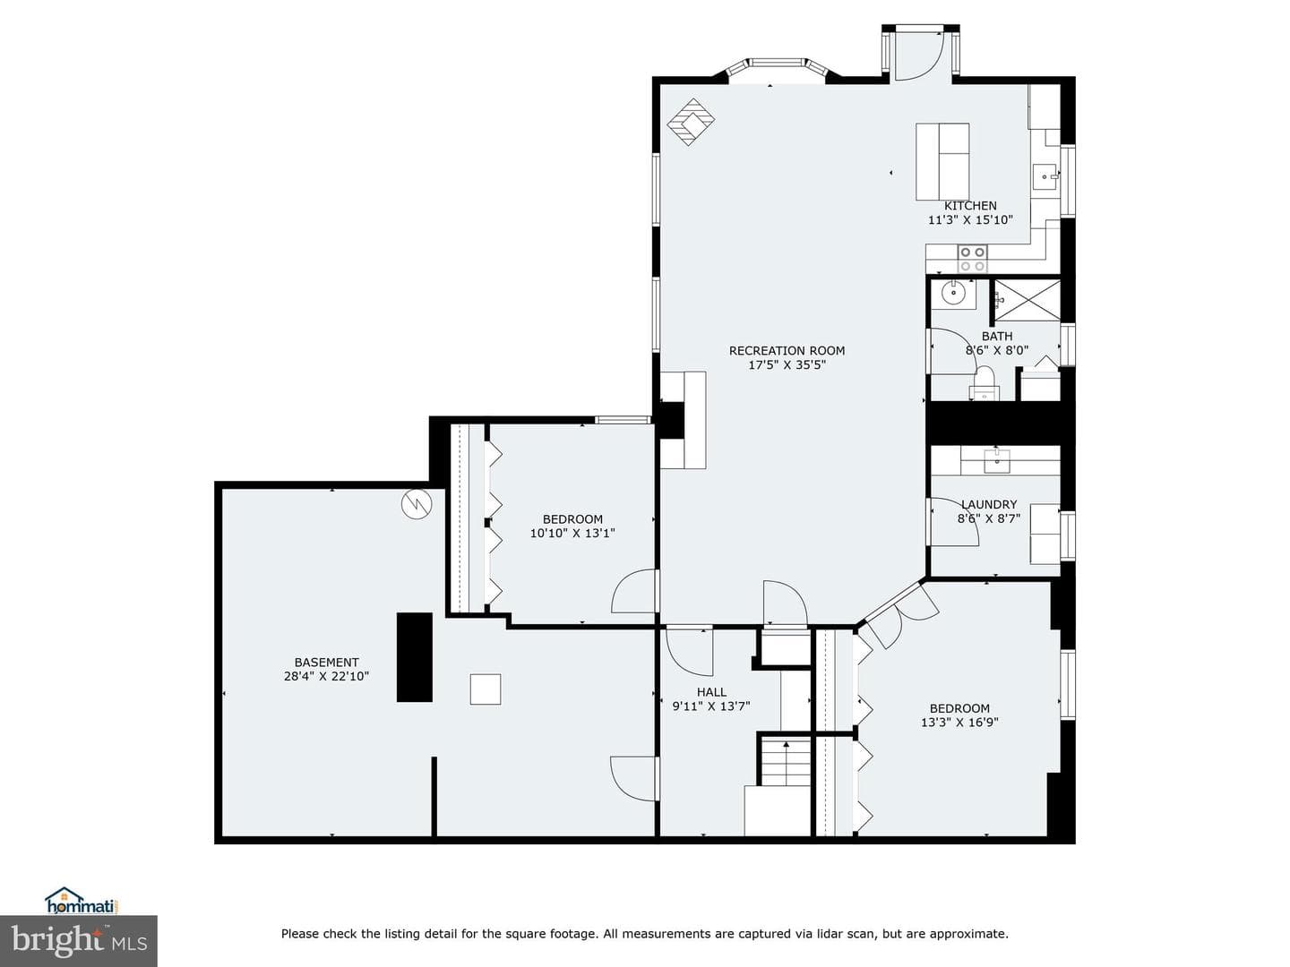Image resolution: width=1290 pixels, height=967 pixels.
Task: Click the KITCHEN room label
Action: tap(969, 206)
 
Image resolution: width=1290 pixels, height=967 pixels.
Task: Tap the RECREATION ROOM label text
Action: tap(787, 350)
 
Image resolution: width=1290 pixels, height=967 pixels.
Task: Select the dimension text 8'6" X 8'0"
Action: tap(997, 350)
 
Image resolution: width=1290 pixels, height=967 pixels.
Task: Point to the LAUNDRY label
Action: tap(988, 504)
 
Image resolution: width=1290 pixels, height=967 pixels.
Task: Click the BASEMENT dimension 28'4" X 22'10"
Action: tap(326, 676)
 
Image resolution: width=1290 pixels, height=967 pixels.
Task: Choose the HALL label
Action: tap(711, 692)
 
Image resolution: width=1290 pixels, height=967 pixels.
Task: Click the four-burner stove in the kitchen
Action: tap(972, 259)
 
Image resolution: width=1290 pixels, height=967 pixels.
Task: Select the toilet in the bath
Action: tap(984, 383)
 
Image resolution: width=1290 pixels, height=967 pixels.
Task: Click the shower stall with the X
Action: tap(1027, 301)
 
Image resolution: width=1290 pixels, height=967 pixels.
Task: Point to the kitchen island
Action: tap(942, 161)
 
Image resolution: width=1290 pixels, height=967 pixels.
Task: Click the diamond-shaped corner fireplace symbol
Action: tap(691, 122)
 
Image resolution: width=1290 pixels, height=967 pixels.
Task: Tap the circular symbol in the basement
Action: tap(417, 503)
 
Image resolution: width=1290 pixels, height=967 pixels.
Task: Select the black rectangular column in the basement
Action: tap(415, 657)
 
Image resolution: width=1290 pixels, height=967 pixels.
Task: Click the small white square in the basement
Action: tap(486, 689)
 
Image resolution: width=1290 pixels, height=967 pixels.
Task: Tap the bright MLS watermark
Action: tap(79, 940)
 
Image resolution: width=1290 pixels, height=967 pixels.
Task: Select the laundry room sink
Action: tap(997, 460)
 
